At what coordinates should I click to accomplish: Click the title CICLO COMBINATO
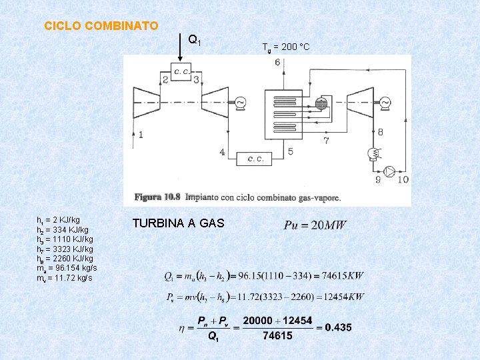(x=101, y=27)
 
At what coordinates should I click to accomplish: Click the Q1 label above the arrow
(x=195, y=40)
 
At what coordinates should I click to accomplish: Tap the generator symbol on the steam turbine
(x=385, y=102)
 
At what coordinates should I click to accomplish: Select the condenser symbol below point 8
(x=371, y=154)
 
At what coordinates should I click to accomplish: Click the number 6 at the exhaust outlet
(x=277, y=63)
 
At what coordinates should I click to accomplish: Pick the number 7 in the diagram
(x=325, y=141)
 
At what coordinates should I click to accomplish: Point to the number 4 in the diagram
(x=222, y=153)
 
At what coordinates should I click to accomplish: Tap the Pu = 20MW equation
(x=315, y=225)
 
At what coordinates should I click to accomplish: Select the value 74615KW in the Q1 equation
(x=344, y=275)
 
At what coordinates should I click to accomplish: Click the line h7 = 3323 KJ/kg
(x=65, y=249)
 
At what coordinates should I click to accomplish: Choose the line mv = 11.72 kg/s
(x=65, y=277)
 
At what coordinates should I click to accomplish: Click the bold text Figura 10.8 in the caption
(x=157, y=197)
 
